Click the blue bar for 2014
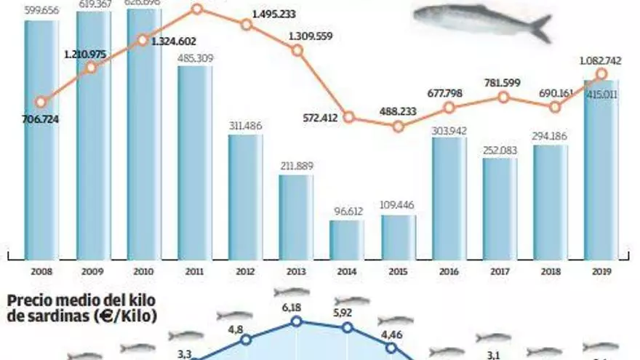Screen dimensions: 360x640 tap(346, 239)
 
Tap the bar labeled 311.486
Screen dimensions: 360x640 tap(245, 196)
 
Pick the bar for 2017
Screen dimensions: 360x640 tap(500, 208)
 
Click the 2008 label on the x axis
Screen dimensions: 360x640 tap(41, 271)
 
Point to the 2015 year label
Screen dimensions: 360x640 tap(398, 271)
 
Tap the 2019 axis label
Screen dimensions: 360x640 tap(601, 271)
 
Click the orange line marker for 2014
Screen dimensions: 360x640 tap(348, 117)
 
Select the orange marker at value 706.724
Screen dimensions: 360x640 tap(41, 103)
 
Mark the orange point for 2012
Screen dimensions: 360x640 tap(246, 24)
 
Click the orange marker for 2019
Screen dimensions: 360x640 tap(601, 74)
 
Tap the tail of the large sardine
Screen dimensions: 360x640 tap(539, 28)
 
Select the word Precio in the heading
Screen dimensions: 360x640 tap(29, 301)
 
